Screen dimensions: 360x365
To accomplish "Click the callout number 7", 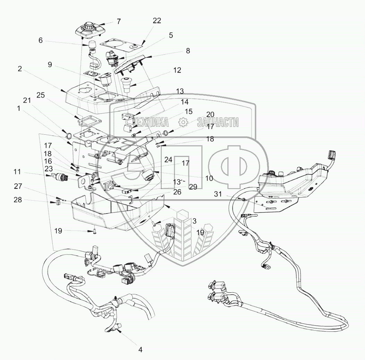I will click(119, 22).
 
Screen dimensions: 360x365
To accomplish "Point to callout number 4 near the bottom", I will click(140, 350).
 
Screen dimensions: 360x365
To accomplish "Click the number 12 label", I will click(177, 70).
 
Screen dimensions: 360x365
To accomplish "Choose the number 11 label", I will click(18, 172).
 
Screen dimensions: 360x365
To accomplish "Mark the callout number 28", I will click(18, 201).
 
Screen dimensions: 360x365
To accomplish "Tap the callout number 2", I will click(20, 69).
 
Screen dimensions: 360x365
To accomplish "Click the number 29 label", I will click(193, 186).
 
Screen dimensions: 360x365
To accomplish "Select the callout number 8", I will click(188, 51).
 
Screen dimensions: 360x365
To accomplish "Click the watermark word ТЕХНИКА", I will click(151, 122).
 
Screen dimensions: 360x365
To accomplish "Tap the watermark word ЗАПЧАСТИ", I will click(218, 122).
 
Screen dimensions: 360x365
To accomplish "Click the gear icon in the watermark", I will click(183, 122).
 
